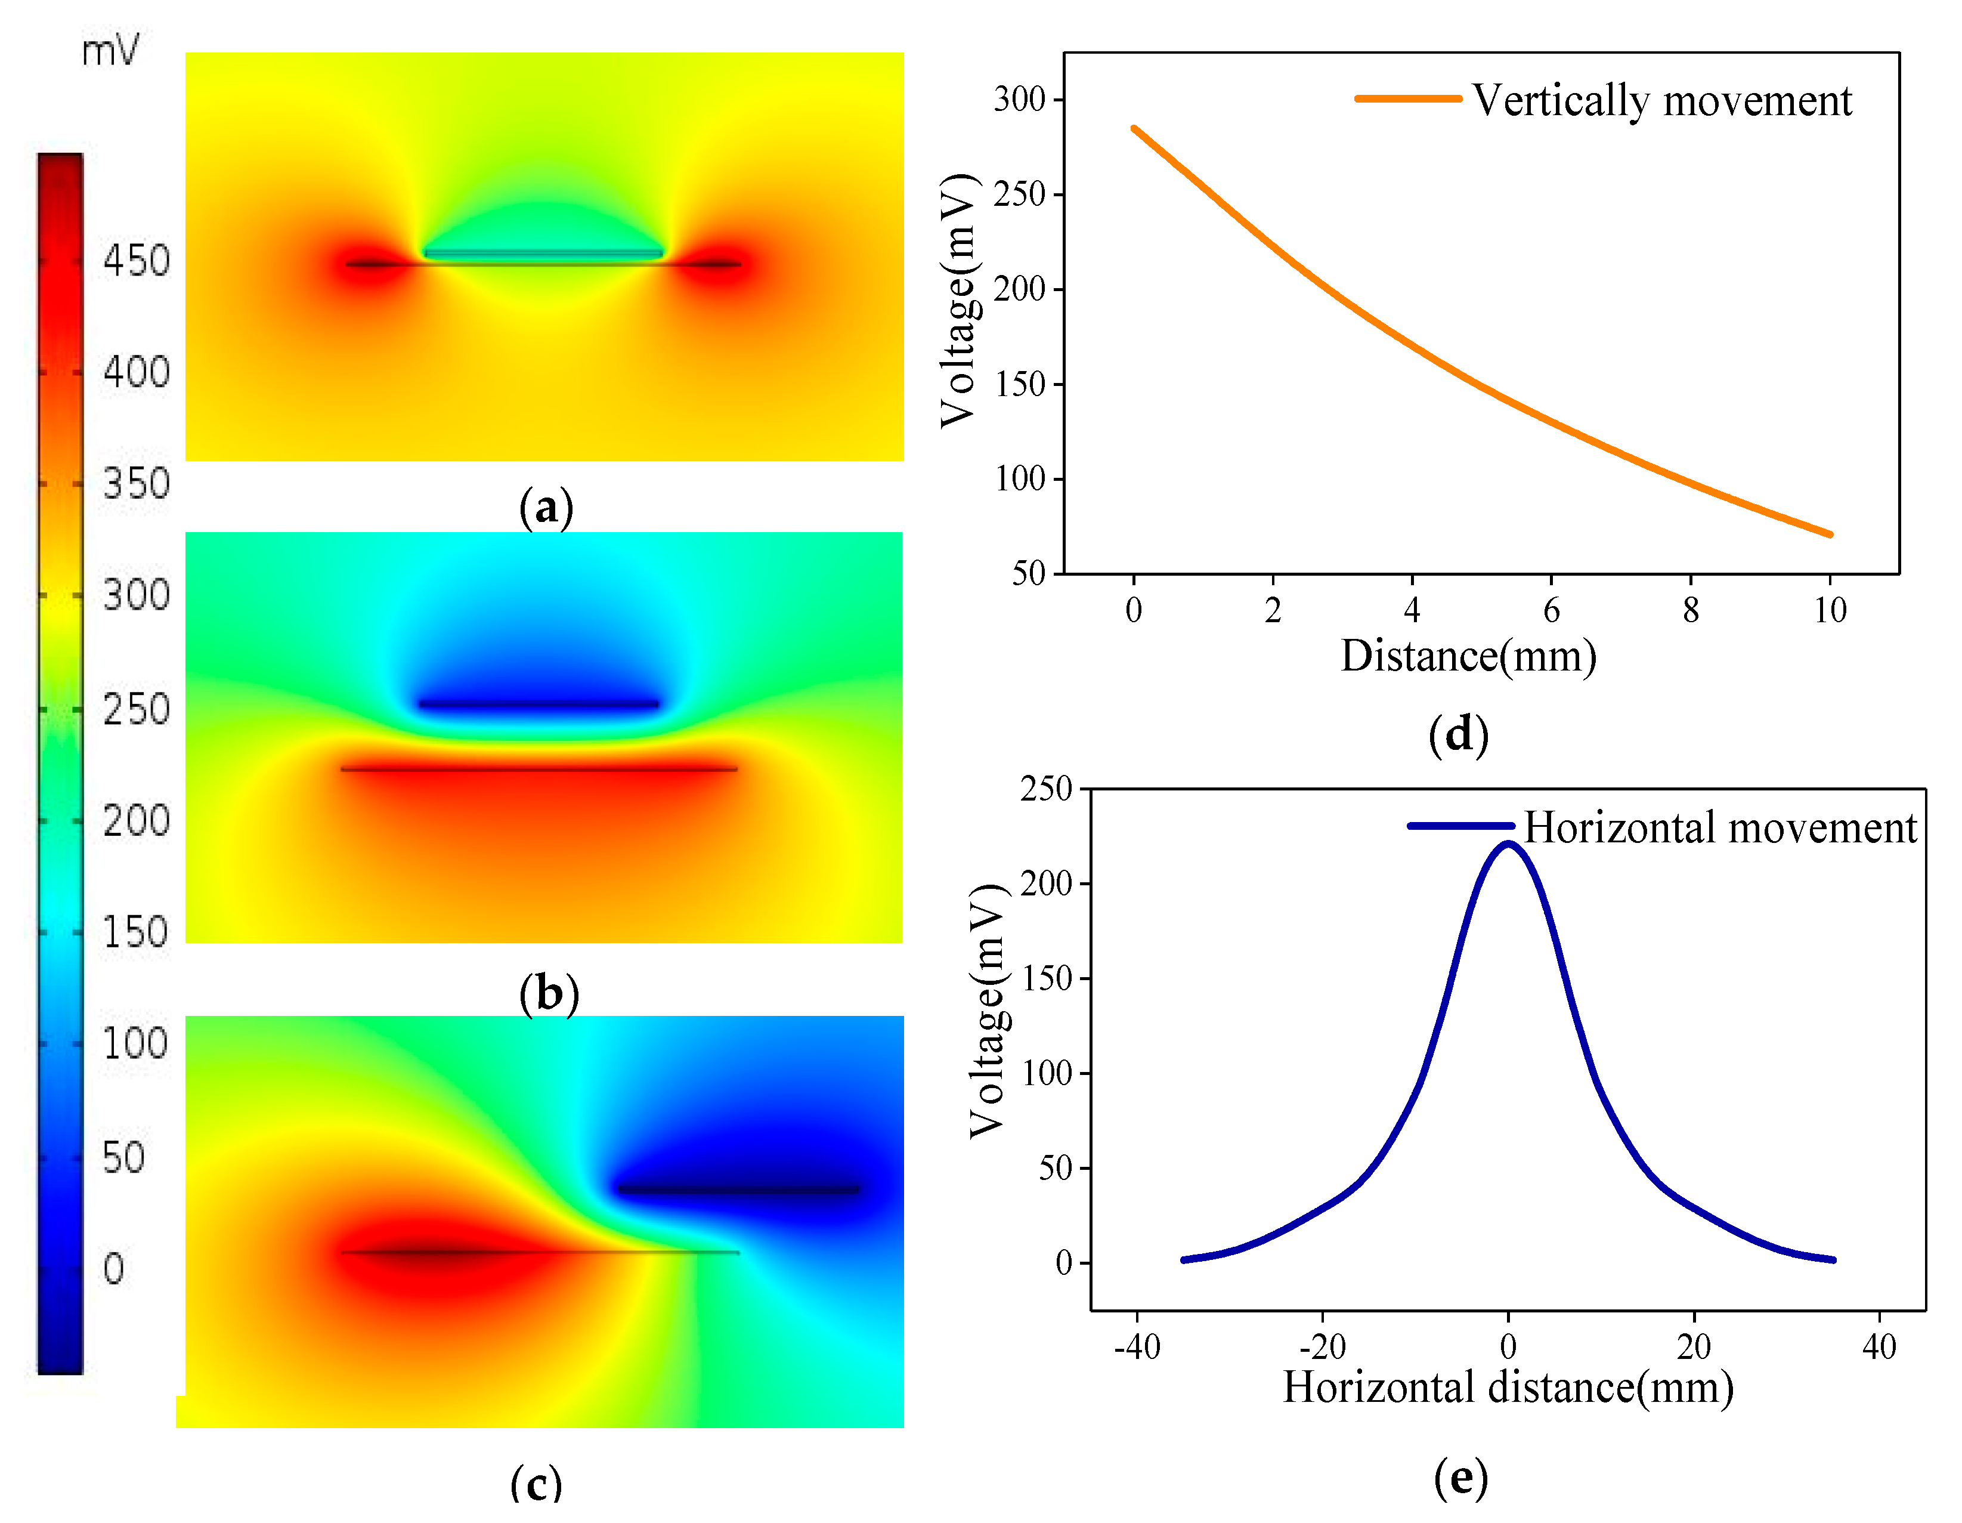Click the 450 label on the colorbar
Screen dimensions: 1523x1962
(x=135, y=261)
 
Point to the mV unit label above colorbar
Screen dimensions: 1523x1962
(x=110, y=50)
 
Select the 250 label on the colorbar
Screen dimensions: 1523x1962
(x=135, y=709)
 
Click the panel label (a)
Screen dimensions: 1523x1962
(x=545, y=508)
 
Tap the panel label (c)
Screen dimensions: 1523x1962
(x=536, y=1482)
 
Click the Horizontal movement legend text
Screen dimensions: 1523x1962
(x=1719, y=827)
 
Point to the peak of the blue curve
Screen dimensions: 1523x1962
(x=1508, y=844)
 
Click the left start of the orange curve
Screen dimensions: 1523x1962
(x=1134, y=128)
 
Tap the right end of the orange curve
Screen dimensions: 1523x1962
(x=1830, y=535)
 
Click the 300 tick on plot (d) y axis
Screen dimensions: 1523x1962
(x=1020, y=99)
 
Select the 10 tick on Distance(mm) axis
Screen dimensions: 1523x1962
(x=1830, y=611)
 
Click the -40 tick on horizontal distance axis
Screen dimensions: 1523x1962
(x=1137, y=1347)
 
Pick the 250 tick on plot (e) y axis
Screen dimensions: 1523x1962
(x=1047, y=789)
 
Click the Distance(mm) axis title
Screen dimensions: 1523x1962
(x=1468, y=656)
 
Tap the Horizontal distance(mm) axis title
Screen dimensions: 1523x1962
(x=1508, y=1388)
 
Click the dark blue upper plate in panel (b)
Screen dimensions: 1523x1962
(x=539, y=703)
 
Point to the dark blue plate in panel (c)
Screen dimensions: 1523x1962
(x=738, y=1190)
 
